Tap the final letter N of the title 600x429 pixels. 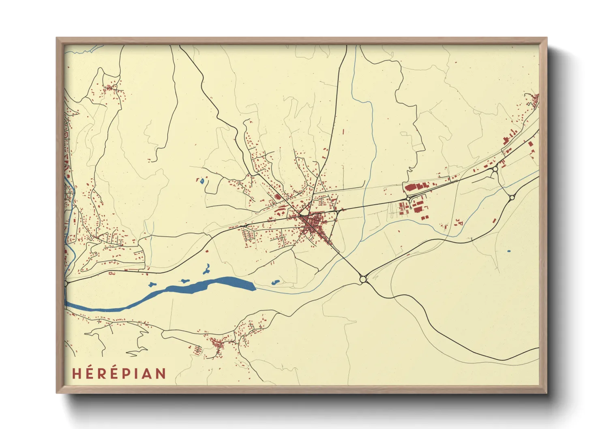pos(161,373)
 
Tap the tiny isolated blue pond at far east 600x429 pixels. pos(509,251)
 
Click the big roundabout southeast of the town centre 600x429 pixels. pos(363,279)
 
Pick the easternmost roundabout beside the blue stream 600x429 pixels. pos(512,197)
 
